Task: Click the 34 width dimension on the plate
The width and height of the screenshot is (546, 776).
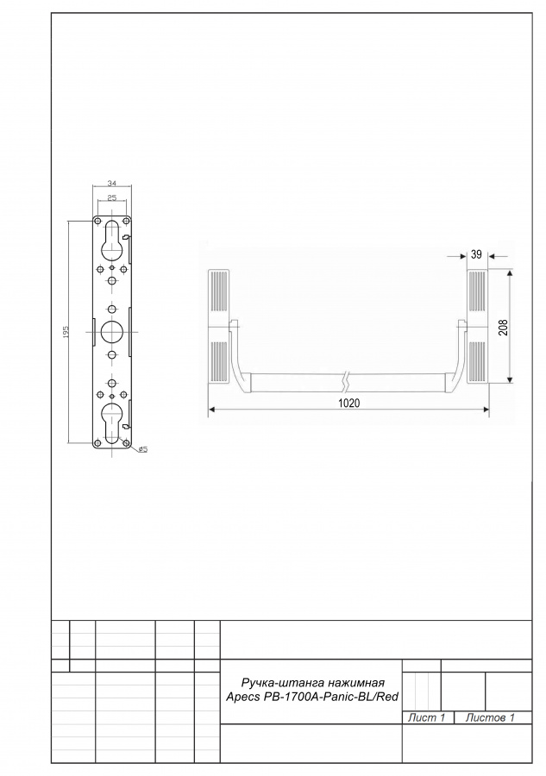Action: (x=112, y=184)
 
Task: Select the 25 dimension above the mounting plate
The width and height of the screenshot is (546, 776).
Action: (x=112, y=197)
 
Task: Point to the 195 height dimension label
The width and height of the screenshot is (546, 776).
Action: (x=66, y=332)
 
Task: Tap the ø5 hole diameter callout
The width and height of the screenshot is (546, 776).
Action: (x=141, y=449)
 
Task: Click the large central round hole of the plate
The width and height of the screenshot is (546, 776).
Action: (x=112, y=331)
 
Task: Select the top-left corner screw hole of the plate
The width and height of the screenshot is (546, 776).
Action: (x=97, y=221)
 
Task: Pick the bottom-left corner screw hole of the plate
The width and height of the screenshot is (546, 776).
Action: (x=97, y=442)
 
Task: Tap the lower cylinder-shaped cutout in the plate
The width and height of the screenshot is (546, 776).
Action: (x=112, y=422)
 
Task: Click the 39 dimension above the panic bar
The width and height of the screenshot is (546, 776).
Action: (x=476, y=254)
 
